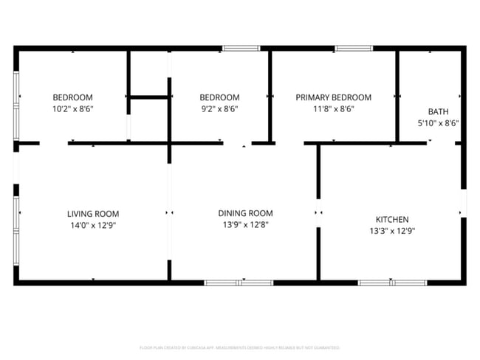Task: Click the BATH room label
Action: [438, 111]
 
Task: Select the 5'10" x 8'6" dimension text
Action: [438, 123]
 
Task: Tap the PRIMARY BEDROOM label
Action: [333, 97]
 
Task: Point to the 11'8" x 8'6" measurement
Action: [333, 108]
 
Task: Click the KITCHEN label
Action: [392, 219]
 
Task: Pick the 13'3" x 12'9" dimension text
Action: [392, 230]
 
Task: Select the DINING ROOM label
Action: [246, 214]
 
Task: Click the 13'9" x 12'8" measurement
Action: [246, 225]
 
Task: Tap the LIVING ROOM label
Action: [93, 214]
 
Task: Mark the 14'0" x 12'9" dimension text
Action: [93, 225]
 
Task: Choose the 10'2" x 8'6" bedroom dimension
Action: [72, 108]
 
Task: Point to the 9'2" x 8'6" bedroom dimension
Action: [219, 108]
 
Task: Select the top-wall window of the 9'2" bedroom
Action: [241, 49]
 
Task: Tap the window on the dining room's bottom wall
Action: [239, 282]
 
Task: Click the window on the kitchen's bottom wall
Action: [392, 282]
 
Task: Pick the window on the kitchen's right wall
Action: [464, 203]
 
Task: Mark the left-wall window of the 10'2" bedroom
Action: [16, 97]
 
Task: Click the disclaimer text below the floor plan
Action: [240, 347]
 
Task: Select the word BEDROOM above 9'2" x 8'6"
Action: [219, 97]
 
